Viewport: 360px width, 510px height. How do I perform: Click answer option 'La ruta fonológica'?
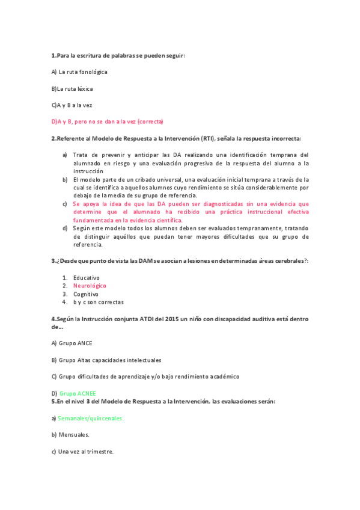pyautogui.click(x=83, y=72)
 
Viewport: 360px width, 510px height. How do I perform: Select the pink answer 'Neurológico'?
pyautogui.click(x=90, y=286)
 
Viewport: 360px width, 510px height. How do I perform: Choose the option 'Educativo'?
pyautogui.click(x=87, y=277)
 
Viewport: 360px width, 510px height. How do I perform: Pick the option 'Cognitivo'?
pyautogui.click(x=85, y=294)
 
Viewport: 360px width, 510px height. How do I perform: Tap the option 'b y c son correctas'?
pyautogui.click(x=98, y=303)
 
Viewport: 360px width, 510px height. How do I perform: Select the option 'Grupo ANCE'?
pyautogui.click(x=76, y=343)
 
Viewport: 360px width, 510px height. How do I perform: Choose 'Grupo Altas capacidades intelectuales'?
pyautogui.click(x=110, y=360)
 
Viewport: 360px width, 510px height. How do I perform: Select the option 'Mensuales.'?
pyautogui.click(x=74, y=434)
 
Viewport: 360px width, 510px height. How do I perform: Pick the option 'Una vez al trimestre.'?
pyautogui.click(x=85, y=451)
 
